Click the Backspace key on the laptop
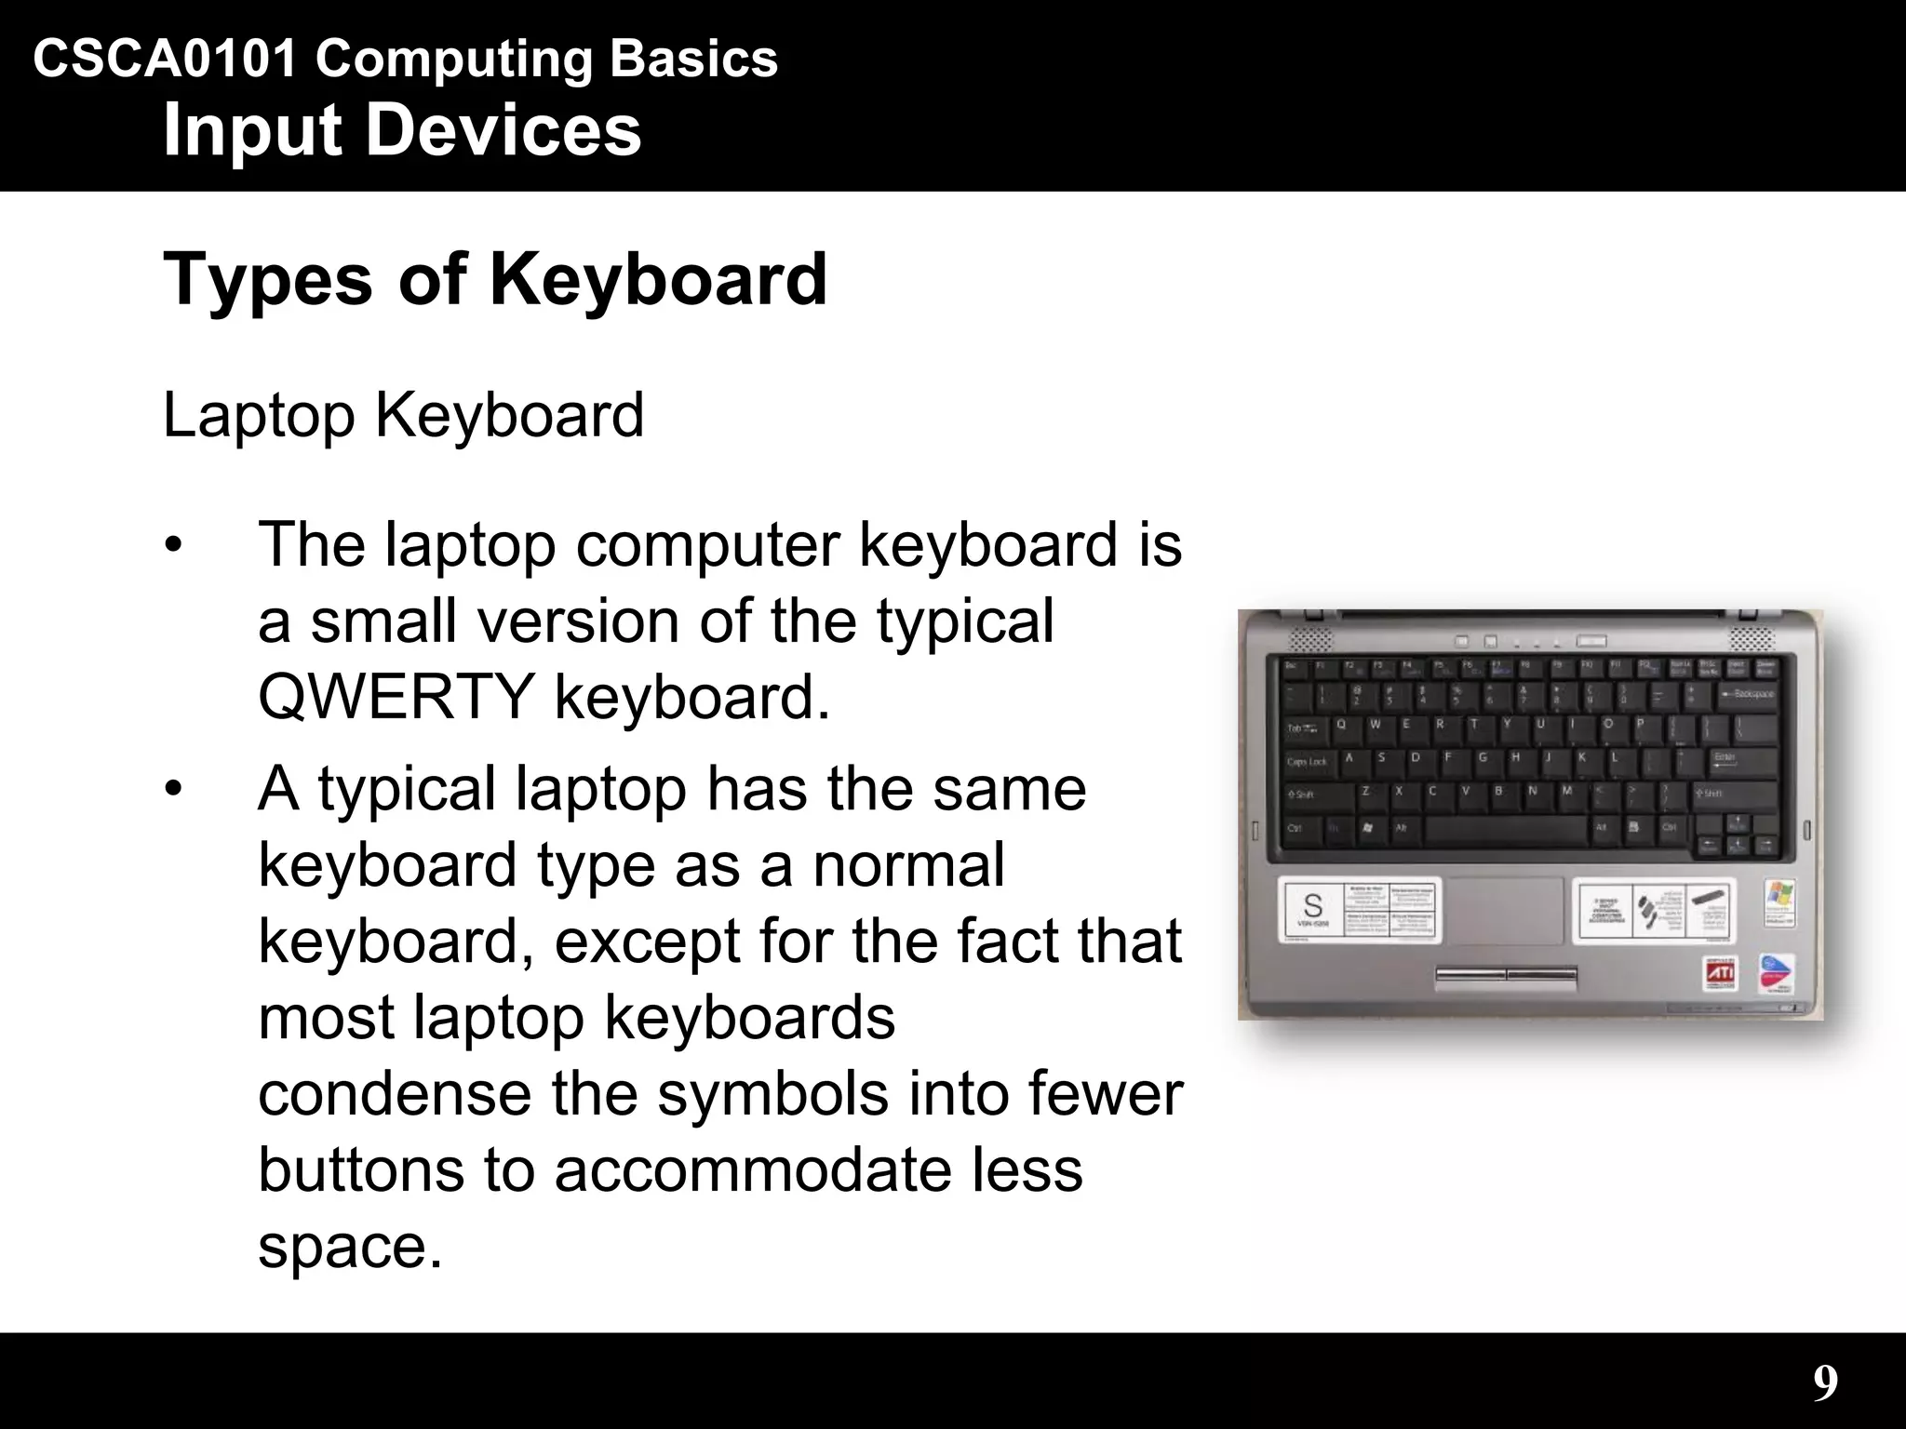pos(1747,694)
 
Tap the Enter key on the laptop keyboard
pos(1733,761)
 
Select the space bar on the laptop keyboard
pos(1505,829)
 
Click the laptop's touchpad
pos(1505,910)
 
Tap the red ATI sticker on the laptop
pos(1719,974)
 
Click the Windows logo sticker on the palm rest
pos(1779,900)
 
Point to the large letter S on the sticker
pos(1312,905)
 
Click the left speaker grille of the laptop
pos(1310,639)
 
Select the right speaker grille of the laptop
pos(1752,639)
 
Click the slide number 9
pos(1825,1383)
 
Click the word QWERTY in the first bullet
pos(396,697)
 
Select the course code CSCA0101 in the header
pos(165,60)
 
